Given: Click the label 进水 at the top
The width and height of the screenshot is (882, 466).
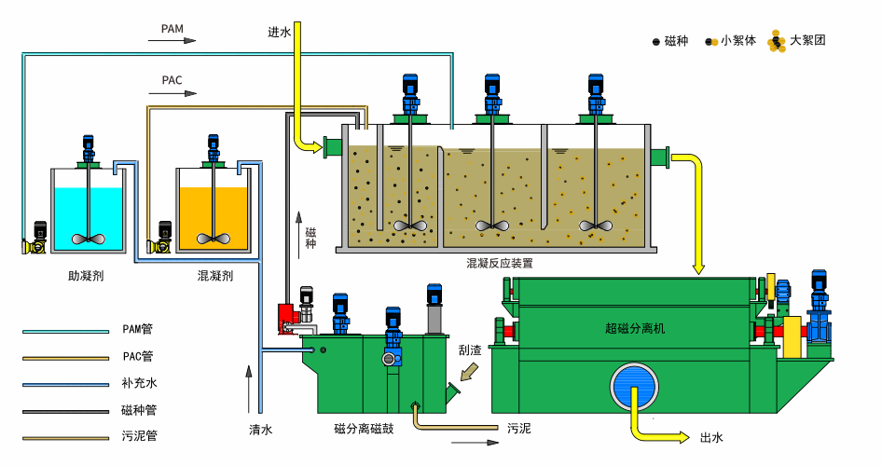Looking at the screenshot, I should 280,33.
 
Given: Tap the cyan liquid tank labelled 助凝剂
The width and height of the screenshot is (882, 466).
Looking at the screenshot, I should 89,216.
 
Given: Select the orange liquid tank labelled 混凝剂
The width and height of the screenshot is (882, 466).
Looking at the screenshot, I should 214,216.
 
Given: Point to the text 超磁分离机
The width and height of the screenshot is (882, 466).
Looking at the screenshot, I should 635,329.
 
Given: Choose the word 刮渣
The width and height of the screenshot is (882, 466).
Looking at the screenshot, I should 470,351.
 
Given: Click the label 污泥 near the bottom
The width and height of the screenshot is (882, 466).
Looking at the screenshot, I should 519,430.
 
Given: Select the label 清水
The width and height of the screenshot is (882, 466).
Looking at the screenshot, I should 260,430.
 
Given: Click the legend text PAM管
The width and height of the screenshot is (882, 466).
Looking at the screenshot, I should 137,329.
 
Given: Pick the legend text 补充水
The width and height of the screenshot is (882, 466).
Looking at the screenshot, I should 137,382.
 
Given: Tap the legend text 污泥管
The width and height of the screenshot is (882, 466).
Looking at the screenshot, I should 137,435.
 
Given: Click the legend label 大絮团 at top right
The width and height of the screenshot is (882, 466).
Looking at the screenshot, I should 807,40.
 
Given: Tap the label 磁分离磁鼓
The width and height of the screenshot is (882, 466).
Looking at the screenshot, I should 369,430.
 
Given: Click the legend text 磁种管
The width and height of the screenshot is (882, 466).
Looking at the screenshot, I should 137,409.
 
